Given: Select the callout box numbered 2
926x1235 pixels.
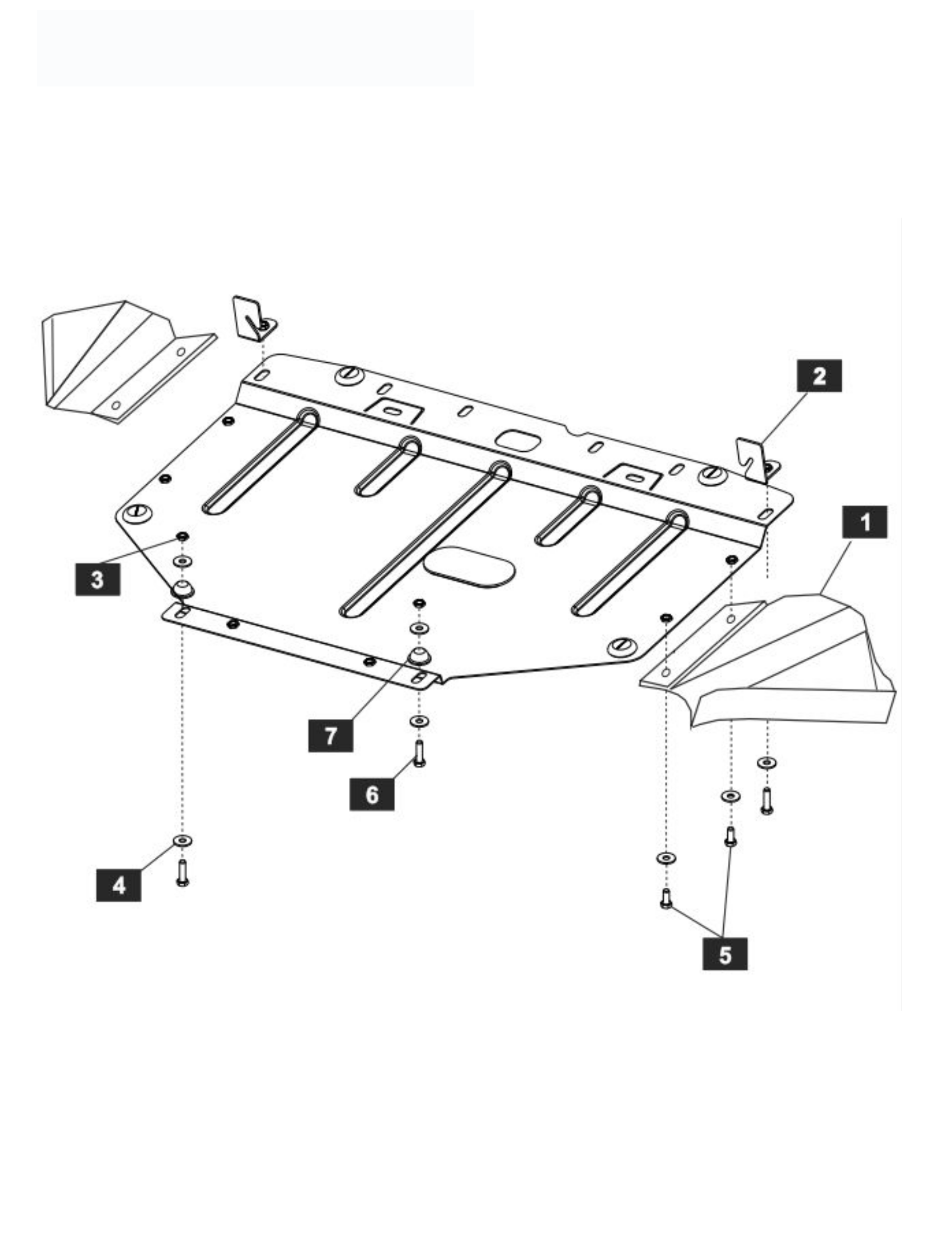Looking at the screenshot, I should [x=819, y=376].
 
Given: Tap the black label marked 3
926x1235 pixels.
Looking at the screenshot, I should [x=98, y=579].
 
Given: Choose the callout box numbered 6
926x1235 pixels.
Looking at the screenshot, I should [x=372, y=794].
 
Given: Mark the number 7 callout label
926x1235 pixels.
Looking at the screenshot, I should [x=330, y=735].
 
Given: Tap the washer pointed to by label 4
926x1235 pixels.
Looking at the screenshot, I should [x=183, y=840].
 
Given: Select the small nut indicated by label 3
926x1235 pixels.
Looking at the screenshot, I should [x=182, y=537].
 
